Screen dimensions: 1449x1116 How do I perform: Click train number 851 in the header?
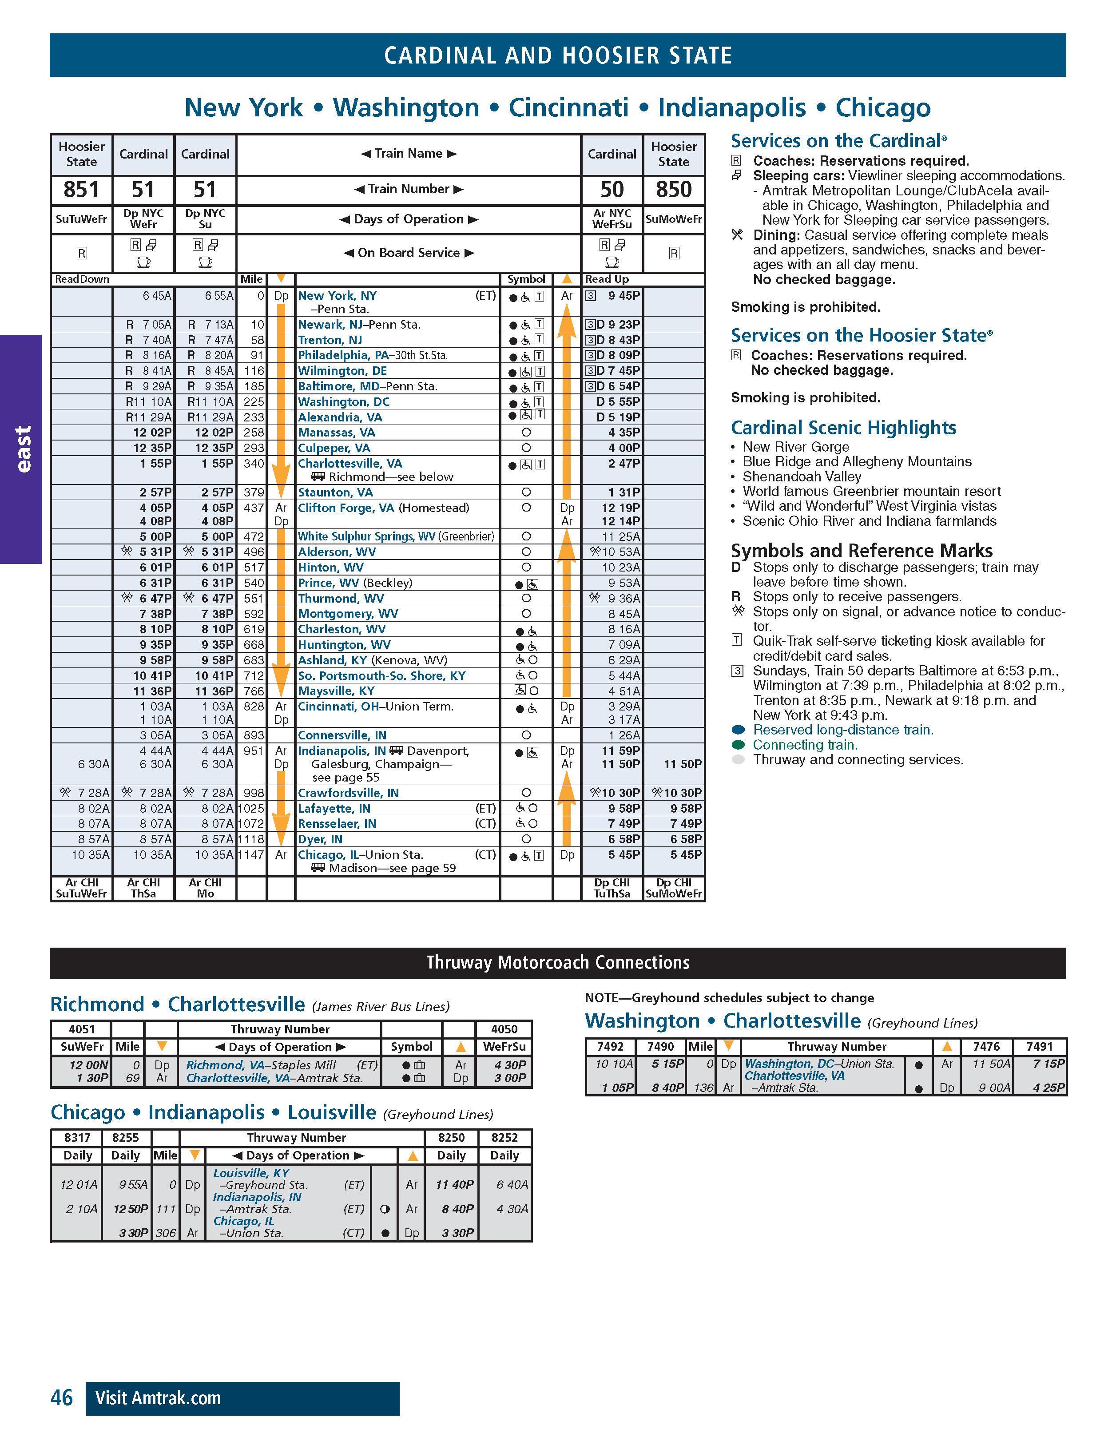click(81, 190)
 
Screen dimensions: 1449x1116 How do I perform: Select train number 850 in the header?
click(673, 190)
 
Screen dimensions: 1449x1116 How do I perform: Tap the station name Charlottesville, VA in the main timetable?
click(349, 464)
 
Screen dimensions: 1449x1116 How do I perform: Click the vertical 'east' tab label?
click(22, 449)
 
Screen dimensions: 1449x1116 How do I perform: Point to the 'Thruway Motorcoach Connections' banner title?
click(557, 963)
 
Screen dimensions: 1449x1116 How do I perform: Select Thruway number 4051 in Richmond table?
click(82, 1029)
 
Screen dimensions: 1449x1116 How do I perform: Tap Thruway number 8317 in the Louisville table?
click(77, 1137)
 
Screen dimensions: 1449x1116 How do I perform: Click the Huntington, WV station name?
click(344, 645)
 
